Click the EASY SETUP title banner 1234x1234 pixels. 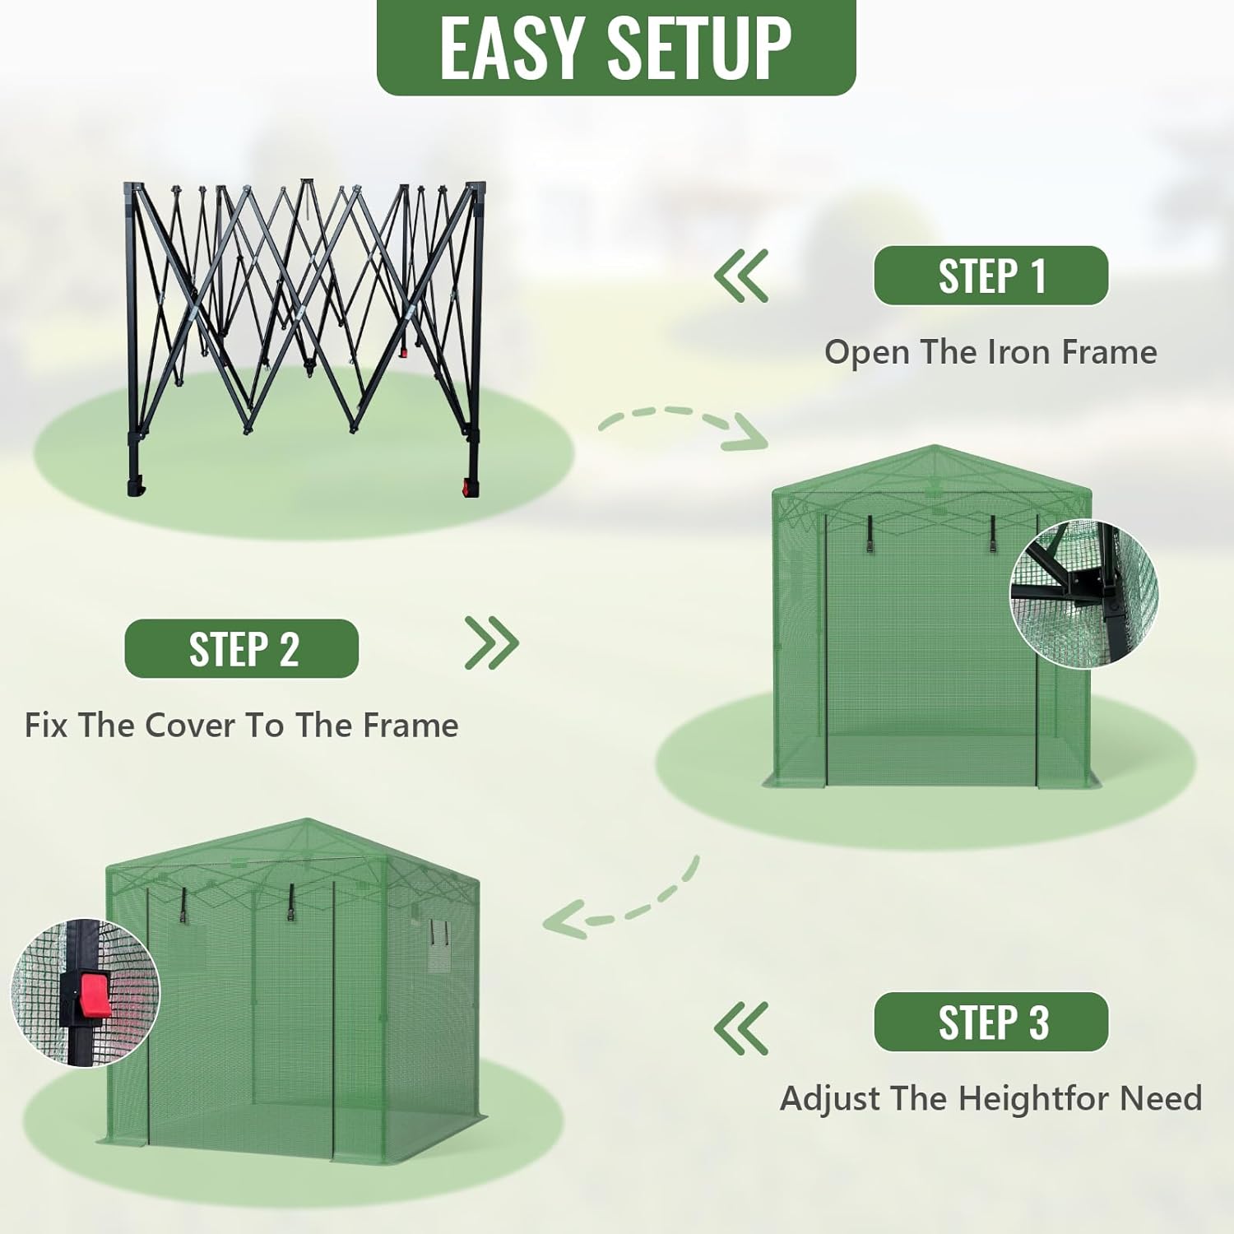pos(616,47)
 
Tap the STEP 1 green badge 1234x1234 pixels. pos(991,276)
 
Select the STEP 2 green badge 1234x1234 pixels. pos(242,648)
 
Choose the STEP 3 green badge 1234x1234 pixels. pos(991,1022)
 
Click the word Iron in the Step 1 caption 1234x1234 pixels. pos(1019,352)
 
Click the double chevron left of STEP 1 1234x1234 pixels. pos(741,276)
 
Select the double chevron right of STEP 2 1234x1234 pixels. pos(492,643)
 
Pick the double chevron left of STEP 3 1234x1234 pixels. pos(741,1028)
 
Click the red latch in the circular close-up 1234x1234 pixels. pos(95,996)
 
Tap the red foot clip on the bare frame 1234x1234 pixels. pos(471,487)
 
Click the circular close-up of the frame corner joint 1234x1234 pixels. pos(1083,593)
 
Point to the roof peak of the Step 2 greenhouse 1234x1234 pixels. pos(935,447)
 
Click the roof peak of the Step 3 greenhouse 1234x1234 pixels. pos(308,820)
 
